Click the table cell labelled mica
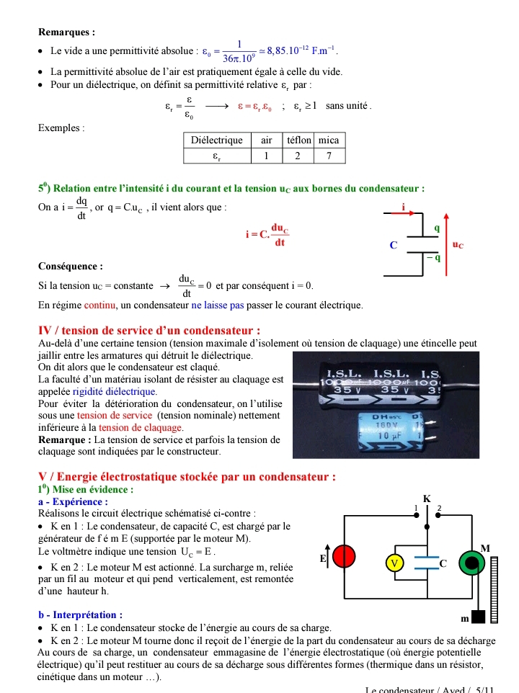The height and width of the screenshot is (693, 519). tap(328, 140)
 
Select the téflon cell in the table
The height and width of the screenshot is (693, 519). tap(298, 140)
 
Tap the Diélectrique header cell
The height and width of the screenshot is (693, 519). tap(216, 140)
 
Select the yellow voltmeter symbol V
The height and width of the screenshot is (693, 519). tap(394, 563)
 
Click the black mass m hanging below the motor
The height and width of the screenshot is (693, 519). tap(476, 617)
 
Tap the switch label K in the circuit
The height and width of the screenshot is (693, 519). tap(427, 498)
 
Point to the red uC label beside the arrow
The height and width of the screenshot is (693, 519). tap(458, 245)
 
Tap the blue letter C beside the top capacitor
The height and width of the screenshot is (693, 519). tap(393, 245)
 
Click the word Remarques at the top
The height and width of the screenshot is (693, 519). tap(66, 32)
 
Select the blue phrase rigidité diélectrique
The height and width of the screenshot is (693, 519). tap(115, 391)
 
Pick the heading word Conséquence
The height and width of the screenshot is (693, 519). tap(71, 266)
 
